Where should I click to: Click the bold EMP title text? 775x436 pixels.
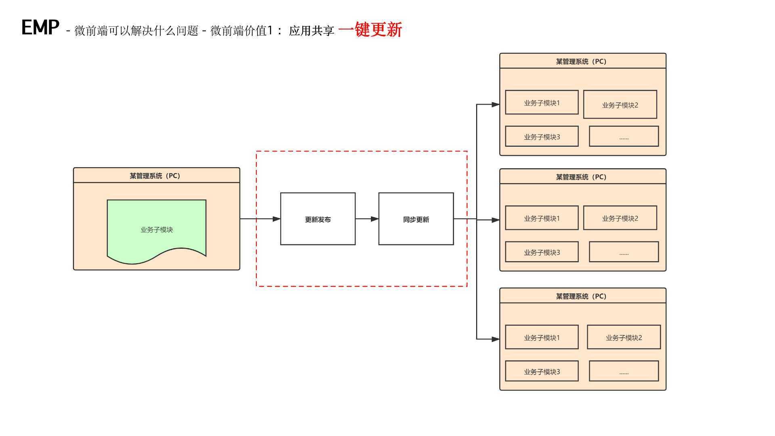[x=40, y=27]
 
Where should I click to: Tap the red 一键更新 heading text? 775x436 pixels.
[x=370, y=29]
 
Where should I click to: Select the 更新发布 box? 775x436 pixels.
[x=318, y=219]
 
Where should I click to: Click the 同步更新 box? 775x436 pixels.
[x=416, y=219]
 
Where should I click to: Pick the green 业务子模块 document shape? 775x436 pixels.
[x=157, y=230]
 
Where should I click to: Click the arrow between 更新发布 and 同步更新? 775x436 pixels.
[x=367, y=219]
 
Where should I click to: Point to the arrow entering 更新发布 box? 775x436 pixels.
[x=260, y=219]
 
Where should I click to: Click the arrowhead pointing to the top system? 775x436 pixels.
[x=495, y=105]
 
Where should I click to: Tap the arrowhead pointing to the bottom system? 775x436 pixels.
[x=495, y=339]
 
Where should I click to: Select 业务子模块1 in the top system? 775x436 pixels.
[x=542, y=103]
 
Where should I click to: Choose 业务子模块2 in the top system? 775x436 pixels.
[x=620, y=105]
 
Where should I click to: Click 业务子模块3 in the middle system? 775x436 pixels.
[x=542, y=252]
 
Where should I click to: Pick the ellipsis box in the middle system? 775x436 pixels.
[x=624, y=252]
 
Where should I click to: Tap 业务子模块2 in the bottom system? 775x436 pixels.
[x=624, y=337]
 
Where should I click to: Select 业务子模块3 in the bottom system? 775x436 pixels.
[x=542, y=371]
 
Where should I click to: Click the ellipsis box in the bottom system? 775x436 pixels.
[x=624, y=371]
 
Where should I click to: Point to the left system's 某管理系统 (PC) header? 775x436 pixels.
[x=156, y=176]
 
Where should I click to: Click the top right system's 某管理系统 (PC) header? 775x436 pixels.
[x=582, y=61]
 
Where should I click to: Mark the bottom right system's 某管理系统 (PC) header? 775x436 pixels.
[x=582, y=296]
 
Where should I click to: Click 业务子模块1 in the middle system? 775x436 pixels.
[x=542, y=218]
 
